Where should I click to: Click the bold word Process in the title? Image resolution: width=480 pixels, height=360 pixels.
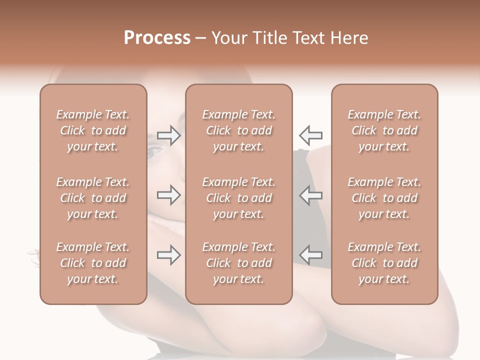click(157, 38)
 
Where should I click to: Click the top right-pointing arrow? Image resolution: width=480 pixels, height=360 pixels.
click(168, 135)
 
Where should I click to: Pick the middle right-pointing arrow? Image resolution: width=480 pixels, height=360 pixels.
click(168, 195)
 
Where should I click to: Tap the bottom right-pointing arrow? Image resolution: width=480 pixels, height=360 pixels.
click(168, 255)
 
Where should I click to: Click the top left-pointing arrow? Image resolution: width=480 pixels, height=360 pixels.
click(310, 135)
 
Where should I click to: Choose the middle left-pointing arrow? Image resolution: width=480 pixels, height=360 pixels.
click(310, 195)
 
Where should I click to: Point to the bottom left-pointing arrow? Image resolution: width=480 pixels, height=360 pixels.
click(310, 254)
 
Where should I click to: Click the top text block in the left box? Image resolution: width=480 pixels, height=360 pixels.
click(93, 130)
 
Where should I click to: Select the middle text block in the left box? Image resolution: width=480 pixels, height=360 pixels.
click(93, 198)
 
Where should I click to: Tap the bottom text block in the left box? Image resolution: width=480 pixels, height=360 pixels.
click(93, 263)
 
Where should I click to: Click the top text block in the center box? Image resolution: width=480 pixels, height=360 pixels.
click(239, 130)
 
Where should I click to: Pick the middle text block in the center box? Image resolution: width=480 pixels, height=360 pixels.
click(239, 198)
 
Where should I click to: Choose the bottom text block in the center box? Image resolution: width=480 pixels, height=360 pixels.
click(239, 263)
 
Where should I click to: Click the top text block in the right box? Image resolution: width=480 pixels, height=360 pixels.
click(384, 130)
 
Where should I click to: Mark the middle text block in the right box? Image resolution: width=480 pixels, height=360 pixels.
click(384, 198)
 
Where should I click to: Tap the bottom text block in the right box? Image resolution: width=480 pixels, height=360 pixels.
click(384, 263)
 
